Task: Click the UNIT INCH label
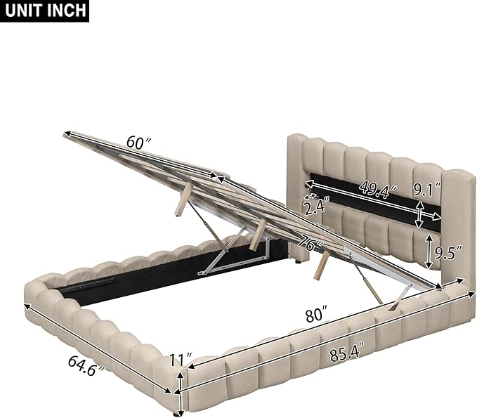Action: (45, 11)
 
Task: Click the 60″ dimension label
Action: (138, 142)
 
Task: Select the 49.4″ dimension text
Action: (378, 189)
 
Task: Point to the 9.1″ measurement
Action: (427, 189)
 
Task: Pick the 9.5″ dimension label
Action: (448, 252)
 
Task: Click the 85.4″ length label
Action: (347, 353)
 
